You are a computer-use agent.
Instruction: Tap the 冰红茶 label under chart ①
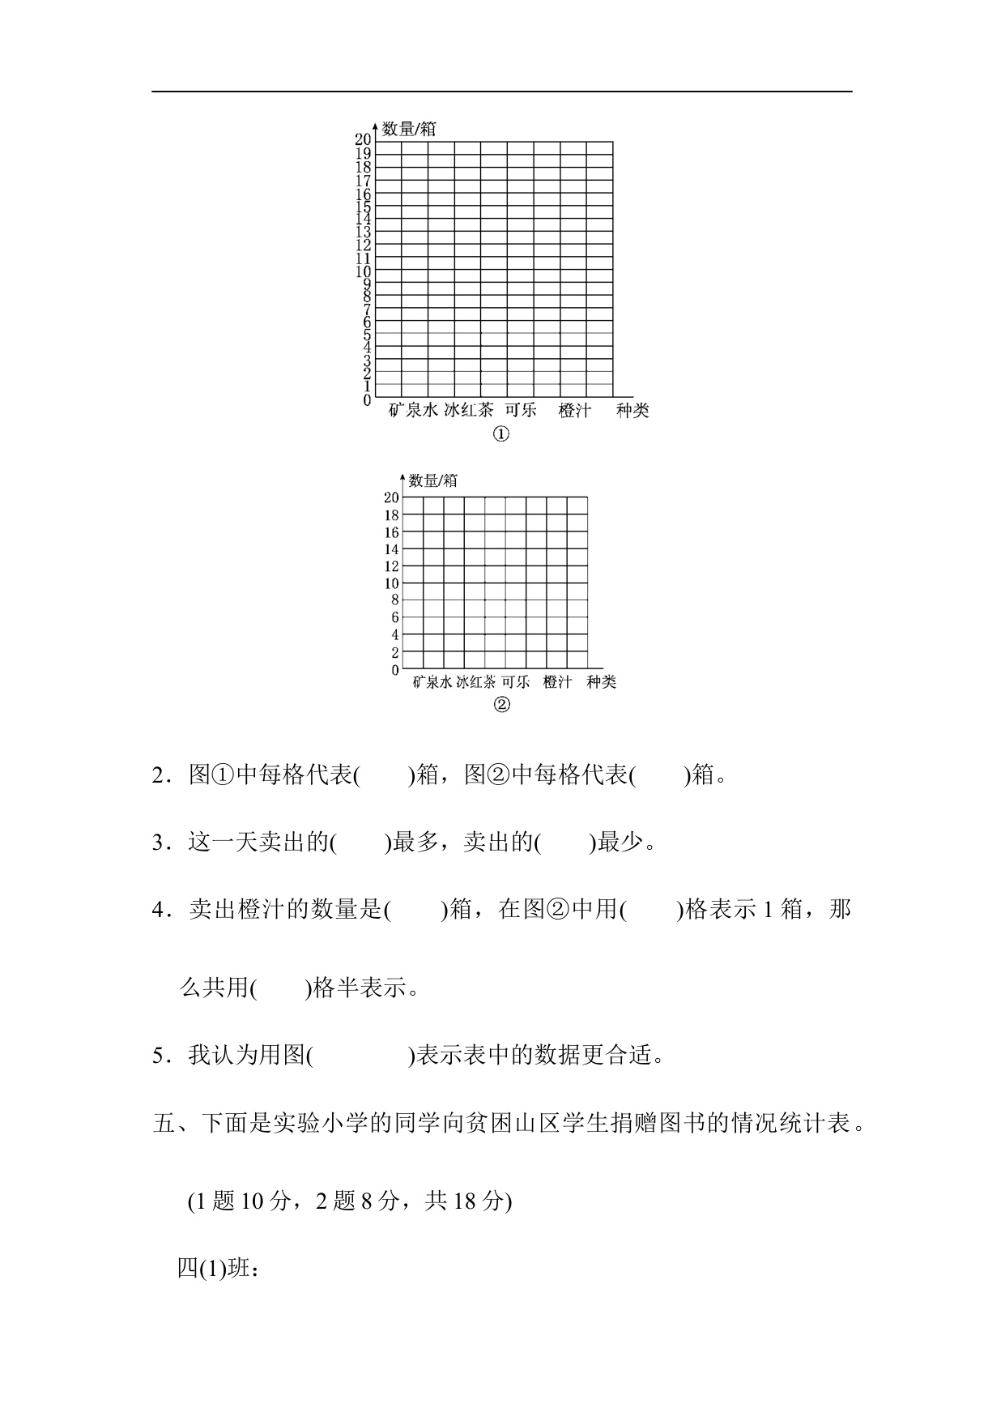(469, 410)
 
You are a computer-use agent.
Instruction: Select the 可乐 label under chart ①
(521, 410)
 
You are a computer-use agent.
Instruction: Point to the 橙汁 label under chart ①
(575, 411)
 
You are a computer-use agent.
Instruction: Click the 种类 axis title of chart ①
(632, 411)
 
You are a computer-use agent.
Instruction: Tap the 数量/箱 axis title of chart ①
(410, 129)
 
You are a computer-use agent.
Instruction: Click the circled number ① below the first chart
(501, 435)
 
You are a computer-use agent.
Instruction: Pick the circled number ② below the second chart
(501, 705)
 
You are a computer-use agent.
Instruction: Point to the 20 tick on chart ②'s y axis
(391, 497)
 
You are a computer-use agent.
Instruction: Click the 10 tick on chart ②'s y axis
(391, 583)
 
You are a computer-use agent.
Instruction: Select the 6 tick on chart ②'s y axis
(394, 617)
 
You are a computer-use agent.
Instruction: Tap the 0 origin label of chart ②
(394, 671)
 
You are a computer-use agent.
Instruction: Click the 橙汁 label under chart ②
(557, 682)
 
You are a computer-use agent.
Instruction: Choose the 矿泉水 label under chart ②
(432, 682)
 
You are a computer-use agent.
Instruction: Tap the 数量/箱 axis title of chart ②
(433, 480)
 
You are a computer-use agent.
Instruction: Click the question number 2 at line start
(159, 776)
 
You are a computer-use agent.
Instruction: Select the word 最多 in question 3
(415, 843)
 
